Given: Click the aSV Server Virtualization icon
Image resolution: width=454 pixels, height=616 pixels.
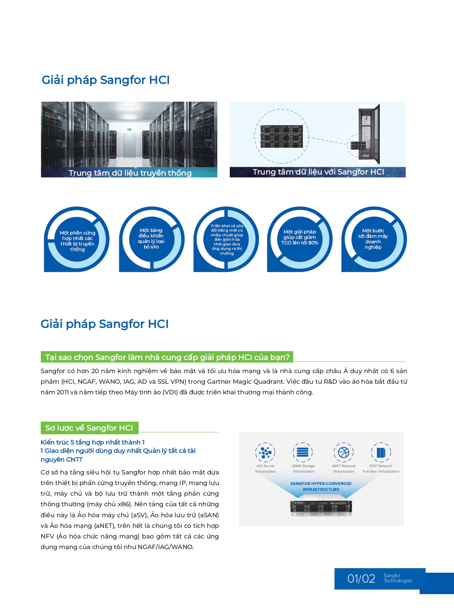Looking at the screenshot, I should point(265,452).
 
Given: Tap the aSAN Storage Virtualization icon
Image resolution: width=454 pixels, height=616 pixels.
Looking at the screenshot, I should point(303,452).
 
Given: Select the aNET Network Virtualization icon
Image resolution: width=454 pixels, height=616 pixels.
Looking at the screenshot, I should point(343,452).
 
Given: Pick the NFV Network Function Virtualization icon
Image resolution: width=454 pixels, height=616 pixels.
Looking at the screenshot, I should point(381,452).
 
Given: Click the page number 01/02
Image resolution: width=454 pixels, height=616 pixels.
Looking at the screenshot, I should point(361,579).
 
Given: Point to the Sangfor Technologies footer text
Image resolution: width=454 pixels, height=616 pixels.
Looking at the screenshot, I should point(397,578).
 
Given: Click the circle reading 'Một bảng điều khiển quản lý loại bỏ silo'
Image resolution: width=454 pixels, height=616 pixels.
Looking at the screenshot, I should point(151,239).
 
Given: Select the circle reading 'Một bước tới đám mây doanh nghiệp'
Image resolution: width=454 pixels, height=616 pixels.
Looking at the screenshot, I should point(373,239).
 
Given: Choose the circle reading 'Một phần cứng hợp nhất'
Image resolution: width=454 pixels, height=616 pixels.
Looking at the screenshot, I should point(77,241).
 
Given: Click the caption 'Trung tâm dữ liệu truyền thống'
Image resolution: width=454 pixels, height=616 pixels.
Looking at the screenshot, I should point(130,173).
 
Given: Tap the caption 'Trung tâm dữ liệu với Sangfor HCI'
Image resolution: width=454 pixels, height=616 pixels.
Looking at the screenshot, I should point(318,172).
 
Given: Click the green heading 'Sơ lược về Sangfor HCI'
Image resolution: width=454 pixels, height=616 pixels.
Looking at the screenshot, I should point(89,428).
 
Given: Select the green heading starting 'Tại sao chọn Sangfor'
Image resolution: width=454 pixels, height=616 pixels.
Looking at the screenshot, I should point(167,357).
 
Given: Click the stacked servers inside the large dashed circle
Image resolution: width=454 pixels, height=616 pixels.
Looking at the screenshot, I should point(281,136).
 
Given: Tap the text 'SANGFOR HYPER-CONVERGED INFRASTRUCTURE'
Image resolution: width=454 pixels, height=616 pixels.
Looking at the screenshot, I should point(321,487).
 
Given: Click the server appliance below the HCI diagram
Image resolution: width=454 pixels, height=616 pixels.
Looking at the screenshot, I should point(321,508).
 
